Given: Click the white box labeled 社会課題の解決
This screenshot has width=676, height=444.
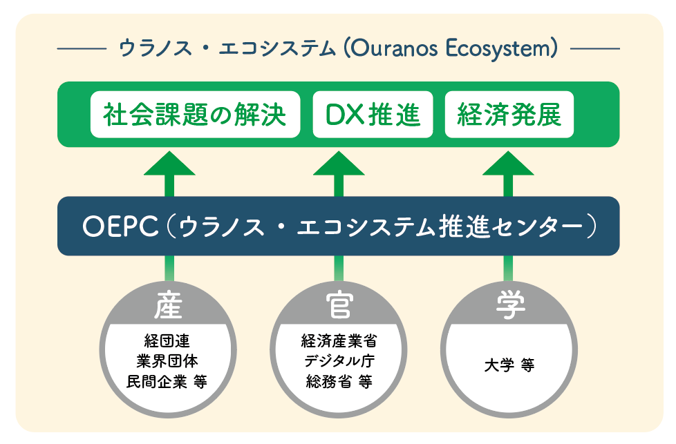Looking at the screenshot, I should click(x=196, y=115).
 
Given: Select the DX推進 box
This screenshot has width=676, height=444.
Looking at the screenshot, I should click(x=373, y=115).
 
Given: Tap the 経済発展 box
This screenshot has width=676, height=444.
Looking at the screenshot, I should click(x=509, y=115).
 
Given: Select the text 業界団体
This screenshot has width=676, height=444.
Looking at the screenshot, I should click(x=168, y=360).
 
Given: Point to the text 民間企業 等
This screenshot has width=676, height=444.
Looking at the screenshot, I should click(x=168, y=381).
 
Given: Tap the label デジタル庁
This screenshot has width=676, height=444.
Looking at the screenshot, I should click(x=339, y=360).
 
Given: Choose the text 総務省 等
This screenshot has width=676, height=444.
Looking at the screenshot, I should click(x=339, y=381).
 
